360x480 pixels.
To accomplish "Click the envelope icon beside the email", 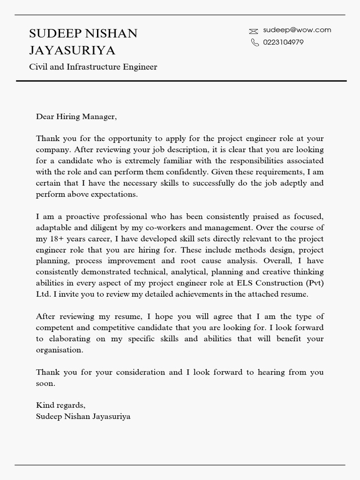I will [x=254, y=31].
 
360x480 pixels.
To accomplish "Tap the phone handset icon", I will [x=255, y=43].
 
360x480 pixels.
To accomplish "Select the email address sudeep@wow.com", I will [x=297, y=30].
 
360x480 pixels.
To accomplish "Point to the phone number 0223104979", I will [x=283, y=42].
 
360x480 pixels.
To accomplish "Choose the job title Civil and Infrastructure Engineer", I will [x=93, y=67].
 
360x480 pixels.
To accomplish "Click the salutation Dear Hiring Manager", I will [x=76, y=117].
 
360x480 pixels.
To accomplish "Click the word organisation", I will [x=59, y=350].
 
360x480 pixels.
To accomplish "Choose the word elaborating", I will [x=71, y=338].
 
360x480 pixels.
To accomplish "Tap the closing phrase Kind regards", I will [x=60, y=405].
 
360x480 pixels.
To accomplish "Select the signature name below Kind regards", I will [x=83, y=416].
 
